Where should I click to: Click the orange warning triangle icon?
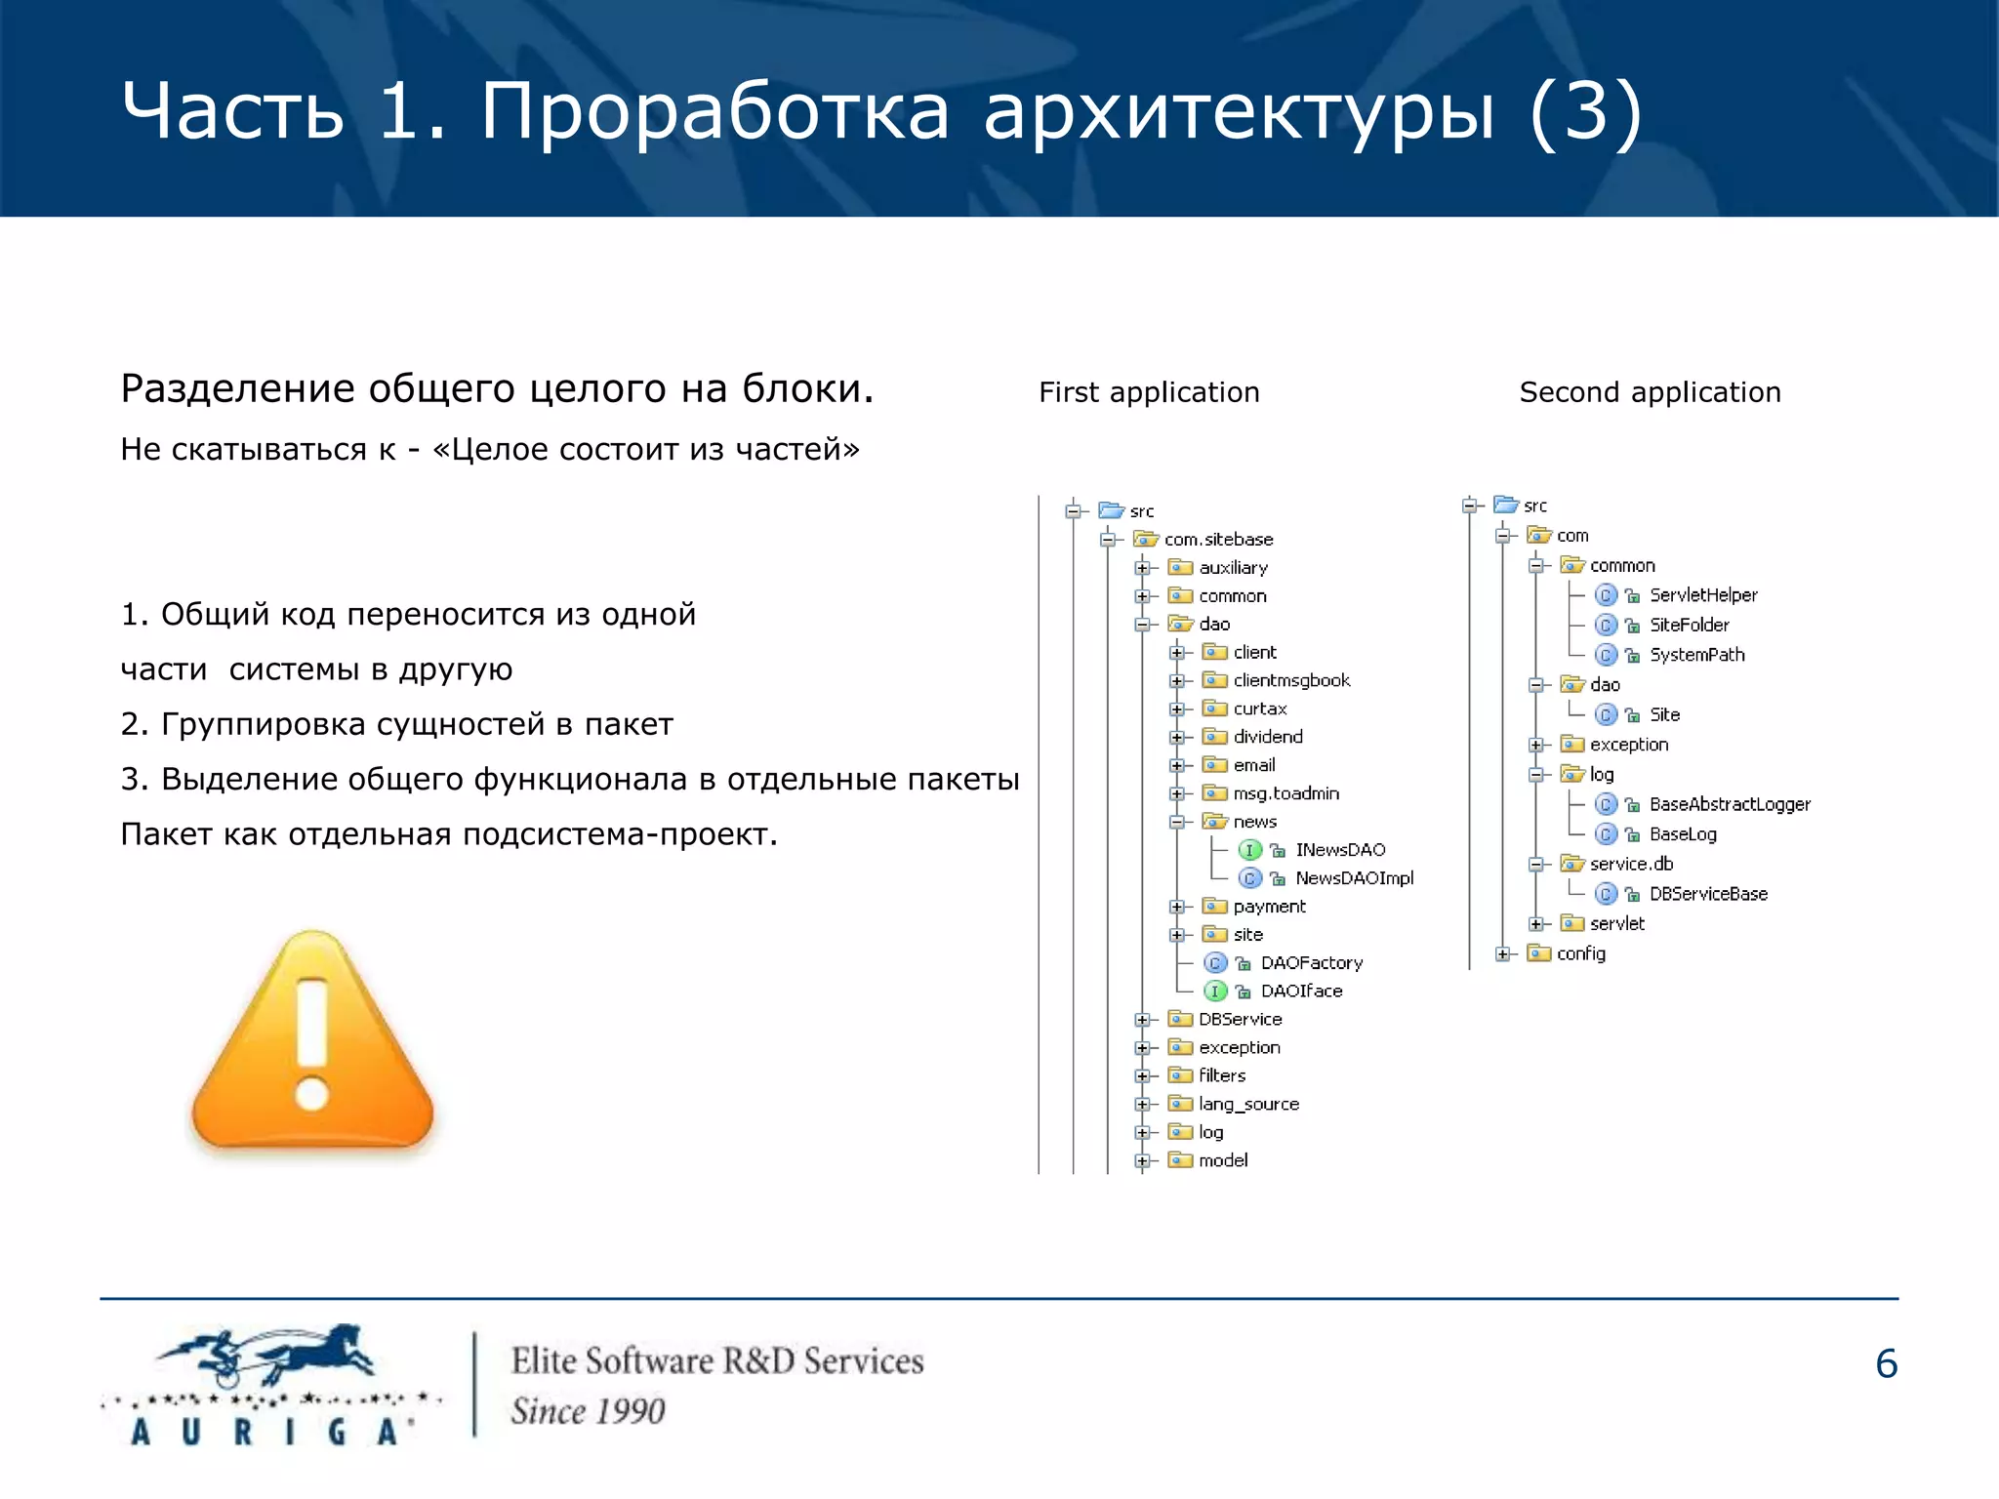tap(312, 1044)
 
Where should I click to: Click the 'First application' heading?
tap(1149, 392)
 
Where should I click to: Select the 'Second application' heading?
tap(1650, 392)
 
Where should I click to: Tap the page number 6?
tap(1886, 1363)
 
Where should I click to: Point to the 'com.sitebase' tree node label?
tap(1218, 540)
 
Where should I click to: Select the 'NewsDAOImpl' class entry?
tap(1354, 878)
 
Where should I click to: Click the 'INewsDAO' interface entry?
tap(1340, 850)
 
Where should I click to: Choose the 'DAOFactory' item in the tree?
tap(1311, 963)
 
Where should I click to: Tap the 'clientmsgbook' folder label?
tap(1291, 680)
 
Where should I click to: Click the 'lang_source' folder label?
tap(1248, 1104)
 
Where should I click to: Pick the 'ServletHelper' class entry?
tap(1702, 595)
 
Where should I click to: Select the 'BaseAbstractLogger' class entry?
tap(1729, 804)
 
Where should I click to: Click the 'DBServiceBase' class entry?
tap(1707, 894)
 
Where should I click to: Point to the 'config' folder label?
tap(1580, 953)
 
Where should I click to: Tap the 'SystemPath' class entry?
tap(1696, 655)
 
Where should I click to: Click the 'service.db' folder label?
tap(1631, 864)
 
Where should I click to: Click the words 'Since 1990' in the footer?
tap(588, 1411)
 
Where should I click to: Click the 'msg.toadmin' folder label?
tap(1285, 793)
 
